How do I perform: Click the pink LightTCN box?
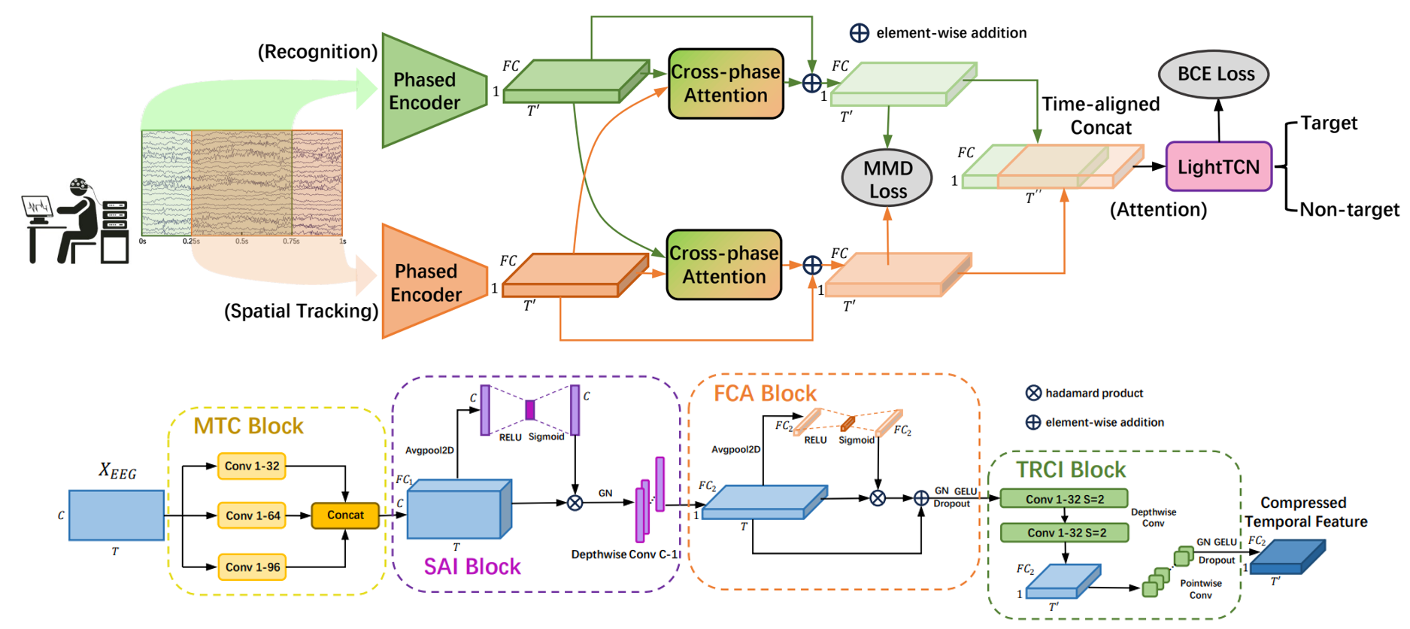click(x=1218, y=166)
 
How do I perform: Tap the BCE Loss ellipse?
click(x=1215, y=74)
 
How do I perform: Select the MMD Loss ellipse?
click(x=887, y=179)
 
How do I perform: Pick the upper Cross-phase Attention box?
click(x=725, y=84)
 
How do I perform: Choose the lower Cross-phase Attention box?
click(x=723, y=265)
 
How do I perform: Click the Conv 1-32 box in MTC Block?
click(x=252, y=466)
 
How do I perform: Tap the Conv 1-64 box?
click(x=252, y=515)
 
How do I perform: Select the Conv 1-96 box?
click(x=252, y=567)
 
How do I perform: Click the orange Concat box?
click(x=345, y=515)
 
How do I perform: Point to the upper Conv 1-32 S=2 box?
click(x=1064, y=499)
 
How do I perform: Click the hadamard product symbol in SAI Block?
click(x=575, y=503)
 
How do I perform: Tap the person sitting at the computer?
click(x=75, y=222)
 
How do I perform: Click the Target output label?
click(x=1329, y=123)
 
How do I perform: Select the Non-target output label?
click(x=1349, y=209)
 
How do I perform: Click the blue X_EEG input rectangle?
click(x=117, y=515)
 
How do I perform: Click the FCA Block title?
click(x=765, y=394)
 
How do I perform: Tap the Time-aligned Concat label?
click(x=1100, y=116)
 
